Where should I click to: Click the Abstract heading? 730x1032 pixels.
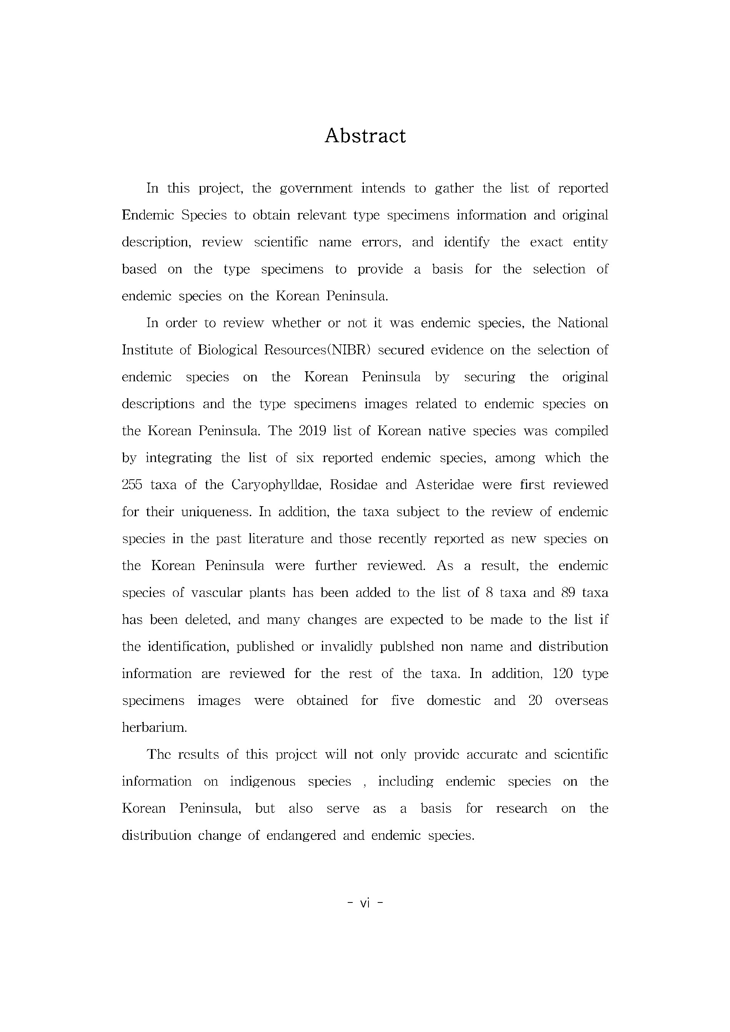coord(365,136)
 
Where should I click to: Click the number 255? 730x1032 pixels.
coord(132,485)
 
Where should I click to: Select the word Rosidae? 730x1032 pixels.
coord(352,485)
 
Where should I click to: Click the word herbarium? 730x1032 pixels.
coord(154,728)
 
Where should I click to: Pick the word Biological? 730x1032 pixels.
coord(227,350)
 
